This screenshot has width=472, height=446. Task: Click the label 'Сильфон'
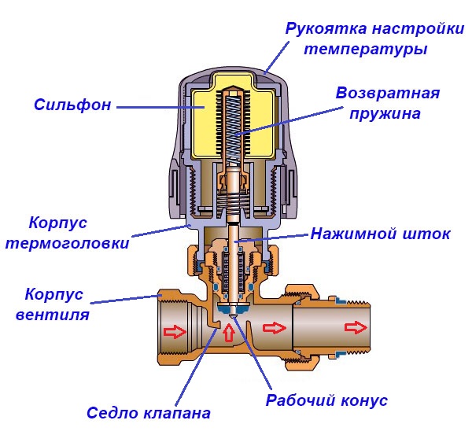[x=68, y=104]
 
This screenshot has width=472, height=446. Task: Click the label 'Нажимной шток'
[x=380, y=234]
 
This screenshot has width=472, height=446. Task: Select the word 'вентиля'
[x=56, y=315]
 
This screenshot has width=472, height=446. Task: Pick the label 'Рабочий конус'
[x=326, y=400]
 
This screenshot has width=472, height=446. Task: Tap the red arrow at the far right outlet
[x=357, y=326]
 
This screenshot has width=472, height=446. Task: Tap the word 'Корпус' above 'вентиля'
[x=53, y=296]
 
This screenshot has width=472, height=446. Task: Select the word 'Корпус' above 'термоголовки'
[x=57, y=223]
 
